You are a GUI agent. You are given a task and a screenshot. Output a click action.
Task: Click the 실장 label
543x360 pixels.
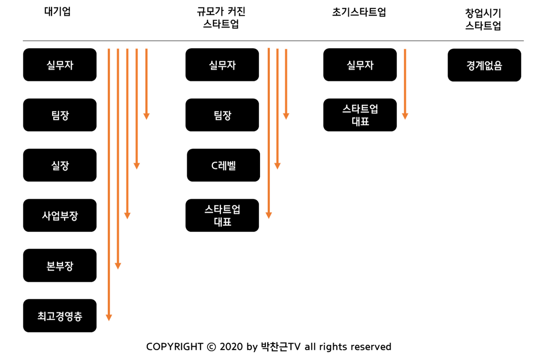click(x=60, y=166)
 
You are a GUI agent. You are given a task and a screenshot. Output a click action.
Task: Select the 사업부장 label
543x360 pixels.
click(x=60, y=216)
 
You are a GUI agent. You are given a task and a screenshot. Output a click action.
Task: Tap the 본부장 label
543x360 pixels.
click(x=60, y=266)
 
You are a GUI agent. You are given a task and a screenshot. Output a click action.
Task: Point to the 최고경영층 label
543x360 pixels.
click(x=60, y=316)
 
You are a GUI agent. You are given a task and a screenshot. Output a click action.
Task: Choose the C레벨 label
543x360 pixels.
click(x=223, y=166)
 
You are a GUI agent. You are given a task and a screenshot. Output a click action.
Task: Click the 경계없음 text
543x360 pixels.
click(x=484, y=66)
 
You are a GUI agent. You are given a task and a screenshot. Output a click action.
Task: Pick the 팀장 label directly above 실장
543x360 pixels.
click(x=60, y=116)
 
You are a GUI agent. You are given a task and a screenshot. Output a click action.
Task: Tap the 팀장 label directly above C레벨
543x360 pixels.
click(x=223, y=116)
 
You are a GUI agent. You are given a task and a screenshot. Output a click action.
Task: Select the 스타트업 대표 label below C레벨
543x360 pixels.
click(x=222, y=215)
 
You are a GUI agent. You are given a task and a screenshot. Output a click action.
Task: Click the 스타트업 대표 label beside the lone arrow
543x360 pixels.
click(x=360, y=115)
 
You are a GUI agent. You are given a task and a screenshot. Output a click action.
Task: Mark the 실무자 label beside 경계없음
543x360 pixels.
click(x=360, y=66)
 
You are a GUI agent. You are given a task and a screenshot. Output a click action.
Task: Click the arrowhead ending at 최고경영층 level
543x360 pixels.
click(x=109, y=317)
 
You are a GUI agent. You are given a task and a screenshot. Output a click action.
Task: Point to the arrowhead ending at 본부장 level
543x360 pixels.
click(x=118, y=266)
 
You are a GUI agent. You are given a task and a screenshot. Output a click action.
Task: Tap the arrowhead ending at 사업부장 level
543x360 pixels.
click(x=127, y=216)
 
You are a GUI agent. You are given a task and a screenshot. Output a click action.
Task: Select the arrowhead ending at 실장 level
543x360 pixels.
click(x=137, y=166)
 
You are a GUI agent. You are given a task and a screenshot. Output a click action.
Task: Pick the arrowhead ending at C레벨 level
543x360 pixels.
click(x=277, y=166)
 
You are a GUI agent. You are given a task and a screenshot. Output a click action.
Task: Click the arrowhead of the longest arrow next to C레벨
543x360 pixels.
click(x=269, y=215)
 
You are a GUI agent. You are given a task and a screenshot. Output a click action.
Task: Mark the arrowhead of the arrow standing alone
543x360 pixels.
click(x=405, y=116)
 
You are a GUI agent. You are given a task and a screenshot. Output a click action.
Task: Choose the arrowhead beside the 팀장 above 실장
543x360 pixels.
click(x=146, y=116)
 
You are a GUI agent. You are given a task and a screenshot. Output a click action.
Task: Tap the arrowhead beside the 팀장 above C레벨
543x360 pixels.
click(x=286, y=116)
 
